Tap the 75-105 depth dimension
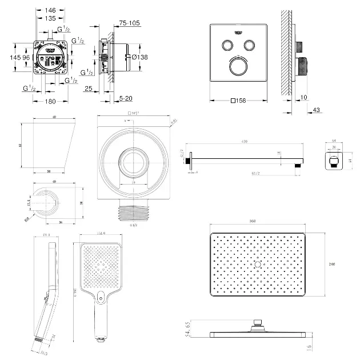tap(130, 23)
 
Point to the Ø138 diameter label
tap(139, 57)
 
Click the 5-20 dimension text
tap(126, 99)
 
